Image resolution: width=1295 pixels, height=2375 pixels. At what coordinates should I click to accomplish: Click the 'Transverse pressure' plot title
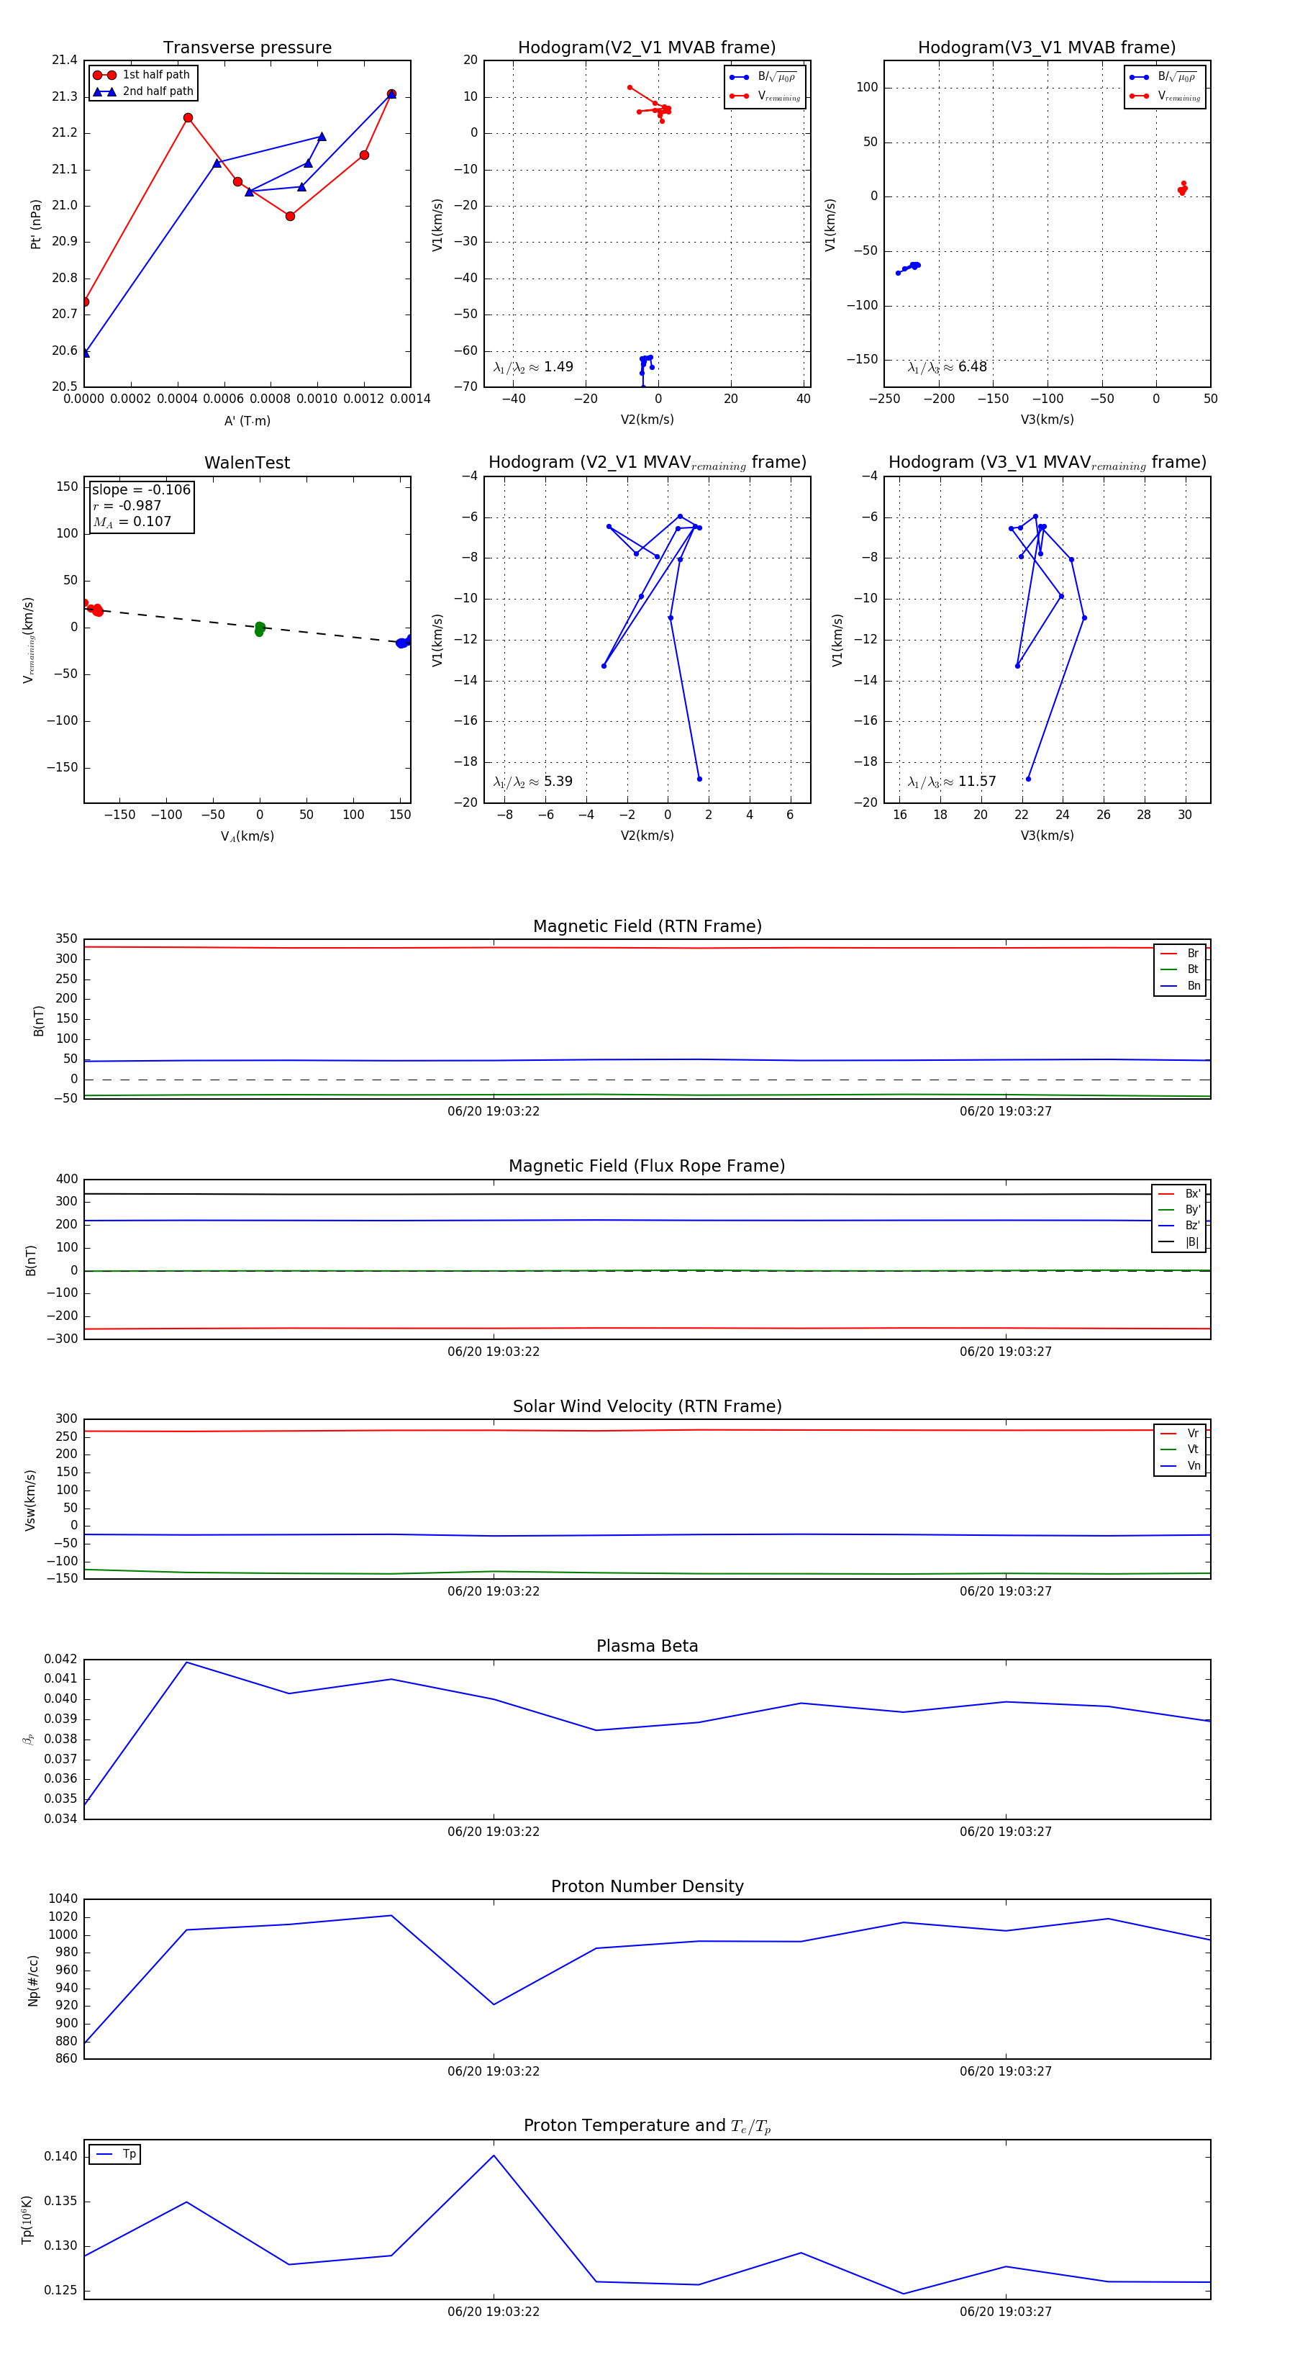247,47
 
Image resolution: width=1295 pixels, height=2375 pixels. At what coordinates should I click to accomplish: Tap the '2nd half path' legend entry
158,91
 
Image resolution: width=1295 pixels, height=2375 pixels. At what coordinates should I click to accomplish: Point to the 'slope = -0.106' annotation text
141,489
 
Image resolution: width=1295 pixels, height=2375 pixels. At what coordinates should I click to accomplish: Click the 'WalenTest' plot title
247,463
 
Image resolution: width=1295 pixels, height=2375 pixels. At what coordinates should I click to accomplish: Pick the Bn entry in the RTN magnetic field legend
1193,985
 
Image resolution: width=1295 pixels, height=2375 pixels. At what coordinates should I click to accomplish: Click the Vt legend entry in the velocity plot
1193,1449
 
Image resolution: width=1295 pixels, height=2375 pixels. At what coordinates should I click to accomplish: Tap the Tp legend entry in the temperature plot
129,2154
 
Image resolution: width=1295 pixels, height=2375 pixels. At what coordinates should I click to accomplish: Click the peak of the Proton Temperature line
494,2155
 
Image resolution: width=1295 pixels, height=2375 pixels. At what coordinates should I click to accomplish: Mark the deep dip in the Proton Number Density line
494,2004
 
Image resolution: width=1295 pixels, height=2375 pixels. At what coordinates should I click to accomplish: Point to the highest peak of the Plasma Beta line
187,1662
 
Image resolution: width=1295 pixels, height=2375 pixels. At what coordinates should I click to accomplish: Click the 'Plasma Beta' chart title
647,1646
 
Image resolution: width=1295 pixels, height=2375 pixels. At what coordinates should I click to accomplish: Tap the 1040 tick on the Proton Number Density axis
63,1899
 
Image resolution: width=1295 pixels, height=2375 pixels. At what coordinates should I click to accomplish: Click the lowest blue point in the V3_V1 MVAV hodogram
1029,779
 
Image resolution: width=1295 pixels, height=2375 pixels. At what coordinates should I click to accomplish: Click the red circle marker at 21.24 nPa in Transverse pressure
188,118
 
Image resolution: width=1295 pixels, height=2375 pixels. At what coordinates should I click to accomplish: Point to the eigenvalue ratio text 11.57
977,782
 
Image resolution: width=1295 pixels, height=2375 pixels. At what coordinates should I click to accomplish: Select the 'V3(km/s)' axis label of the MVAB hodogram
1047,420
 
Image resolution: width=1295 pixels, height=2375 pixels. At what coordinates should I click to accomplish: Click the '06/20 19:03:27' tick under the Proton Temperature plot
1006,2312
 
